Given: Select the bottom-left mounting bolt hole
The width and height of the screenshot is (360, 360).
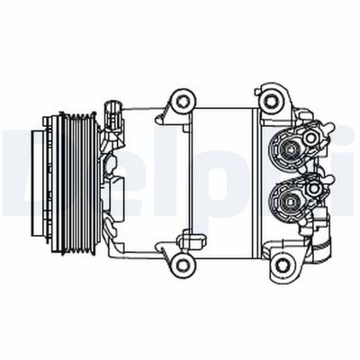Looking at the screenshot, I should (184, 262).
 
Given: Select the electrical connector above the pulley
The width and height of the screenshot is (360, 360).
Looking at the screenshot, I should (111, 115).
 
